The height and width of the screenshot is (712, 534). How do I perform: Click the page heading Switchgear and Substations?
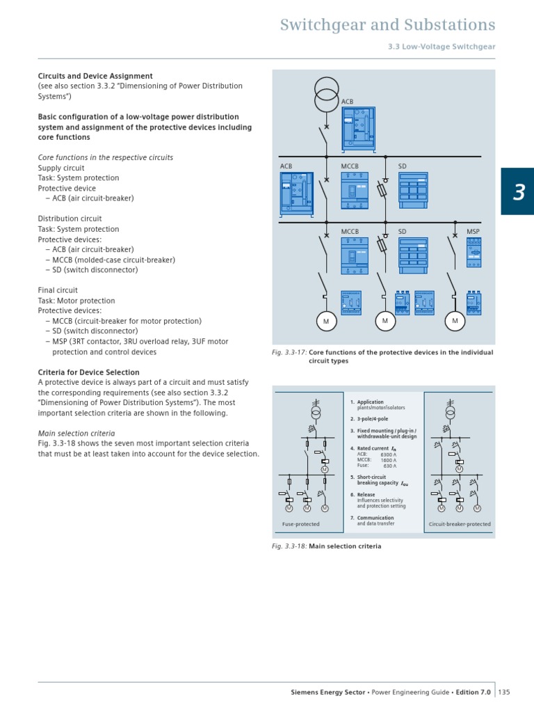tap(387, 25)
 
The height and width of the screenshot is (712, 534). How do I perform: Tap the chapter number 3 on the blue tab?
tap(518, 192)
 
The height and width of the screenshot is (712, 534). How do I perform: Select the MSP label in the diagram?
tap(473, 231)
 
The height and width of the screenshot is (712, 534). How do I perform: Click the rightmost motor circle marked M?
tap(455, 321)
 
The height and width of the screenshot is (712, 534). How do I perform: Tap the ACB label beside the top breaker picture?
tap(347, 102)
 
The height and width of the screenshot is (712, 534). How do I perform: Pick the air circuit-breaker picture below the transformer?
tap(358, 127)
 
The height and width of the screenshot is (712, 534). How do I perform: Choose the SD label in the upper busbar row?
tap(402, 166)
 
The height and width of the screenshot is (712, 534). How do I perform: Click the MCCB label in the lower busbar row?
tap(349, 231)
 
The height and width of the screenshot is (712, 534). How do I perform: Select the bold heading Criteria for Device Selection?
tap(88, 372)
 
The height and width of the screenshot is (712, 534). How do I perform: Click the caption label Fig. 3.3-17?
tap(289, 353)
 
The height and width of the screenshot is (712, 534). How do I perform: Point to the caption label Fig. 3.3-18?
tap(289, 546)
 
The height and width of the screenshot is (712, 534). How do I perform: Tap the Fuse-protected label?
tap(300, 524)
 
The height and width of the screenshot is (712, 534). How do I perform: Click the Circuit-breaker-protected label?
tap(459, 524)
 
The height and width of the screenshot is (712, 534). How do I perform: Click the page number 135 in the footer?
tap(504, 692)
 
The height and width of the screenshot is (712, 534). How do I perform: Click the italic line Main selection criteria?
tap(76, 434)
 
